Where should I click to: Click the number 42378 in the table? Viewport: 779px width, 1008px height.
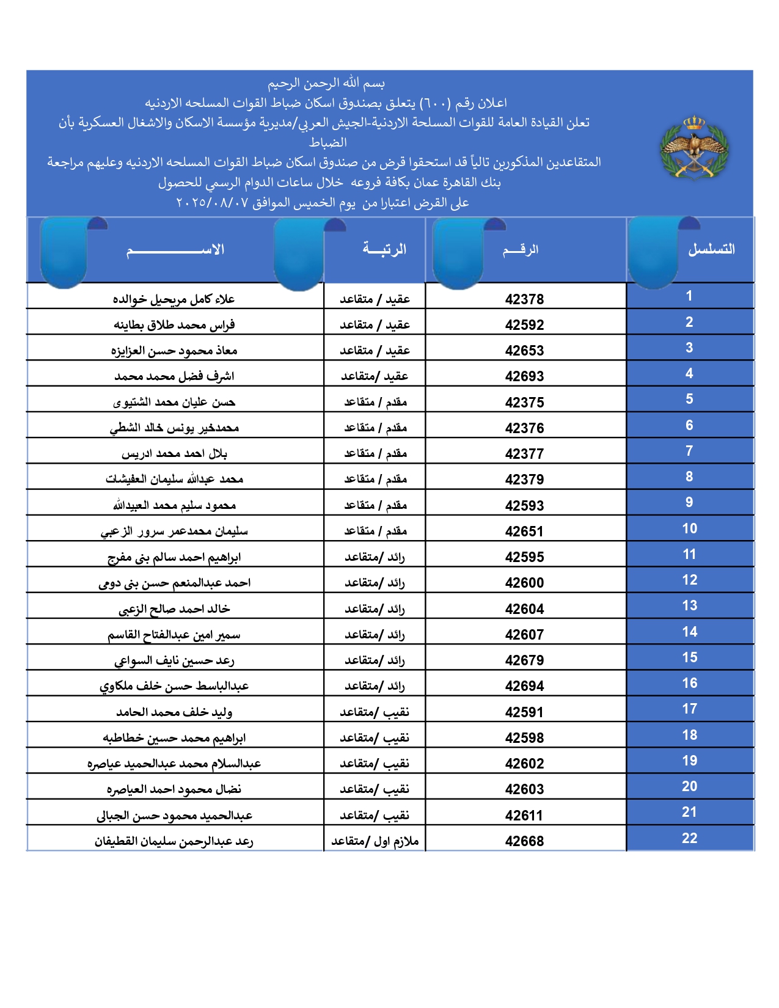point(524,299)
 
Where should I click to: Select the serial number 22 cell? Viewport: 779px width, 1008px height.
point(689,838)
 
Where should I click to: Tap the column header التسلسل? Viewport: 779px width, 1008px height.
point(711,249)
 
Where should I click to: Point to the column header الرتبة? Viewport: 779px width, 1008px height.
point(384,249)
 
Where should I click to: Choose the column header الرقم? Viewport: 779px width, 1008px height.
point(521,249)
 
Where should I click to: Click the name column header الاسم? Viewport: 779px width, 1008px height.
point(175,250)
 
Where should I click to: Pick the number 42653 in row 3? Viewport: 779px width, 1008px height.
point(524,351)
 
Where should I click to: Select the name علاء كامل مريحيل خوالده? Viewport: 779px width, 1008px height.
point(174,299)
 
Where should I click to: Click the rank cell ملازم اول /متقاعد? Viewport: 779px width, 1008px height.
point(375,841)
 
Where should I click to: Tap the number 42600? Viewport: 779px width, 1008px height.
point(524,583)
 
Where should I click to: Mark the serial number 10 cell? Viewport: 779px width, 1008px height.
point(689,528)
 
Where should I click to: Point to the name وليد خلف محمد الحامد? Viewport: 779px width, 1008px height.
point(174,712)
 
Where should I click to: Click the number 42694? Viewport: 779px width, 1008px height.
point(524,686)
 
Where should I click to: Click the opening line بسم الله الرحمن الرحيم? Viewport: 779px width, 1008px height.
point(326,83)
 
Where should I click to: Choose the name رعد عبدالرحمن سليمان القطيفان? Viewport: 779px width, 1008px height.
point(174,841)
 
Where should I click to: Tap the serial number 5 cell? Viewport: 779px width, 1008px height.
point(689,399)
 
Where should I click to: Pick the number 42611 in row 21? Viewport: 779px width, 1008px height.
point(524,816)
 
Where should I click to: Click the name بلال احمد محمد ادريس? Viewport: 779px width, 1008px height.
point(174,454)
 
